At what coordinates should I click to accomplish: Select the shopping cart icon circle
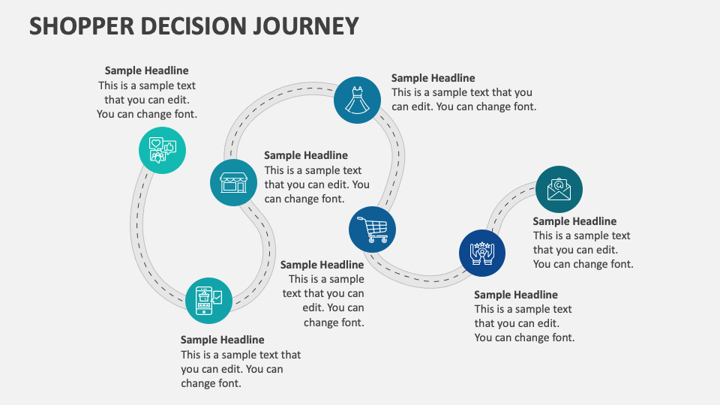click(372, 229)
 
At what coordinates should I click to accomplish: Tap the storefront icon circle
click(232, 182)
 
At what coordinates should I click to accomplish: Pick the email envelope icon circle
click(559, 189)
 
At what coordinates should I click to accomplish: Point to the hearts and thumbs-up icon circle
click(162, 150)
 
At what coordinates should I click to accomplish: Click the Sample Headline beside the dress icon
click(433, 78)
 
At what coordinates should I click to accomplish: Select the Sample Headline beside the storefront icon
click(305, 155)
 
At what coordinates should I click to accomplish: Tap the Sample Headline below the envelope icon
click(574, 221)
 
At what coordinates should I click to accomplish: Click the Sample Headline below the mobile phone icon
click(222, 340)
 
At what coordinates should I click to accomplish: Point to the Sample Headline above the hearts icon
click(146, 70)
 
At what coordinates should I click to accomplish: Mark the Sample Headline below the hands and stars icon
click(515, 295)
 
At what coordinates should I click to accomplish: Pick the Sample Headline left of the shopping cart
click(322, 265)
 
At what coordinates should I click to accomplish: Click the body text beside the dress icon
click(463, 100)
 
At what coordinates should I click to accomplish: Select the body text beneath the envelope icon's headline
click(583, 250)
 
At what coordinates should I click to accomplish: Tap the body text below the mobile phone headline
click(240, 369)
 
